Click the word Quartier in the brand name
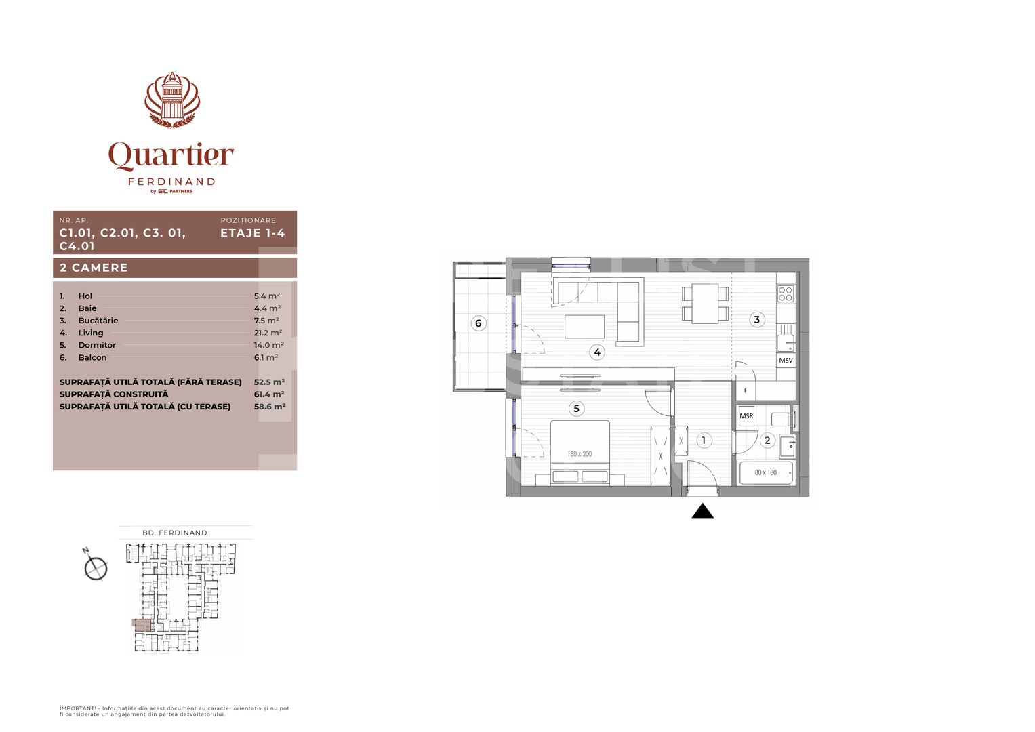click(x=171, y=156)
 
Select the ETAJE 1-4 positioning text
click(x=252, y=233)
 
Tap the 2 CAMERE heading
click(x=94, y=268)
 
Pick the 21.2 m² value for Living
click(x=268, y=333)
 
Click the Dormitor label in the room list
click(x=97, y=345)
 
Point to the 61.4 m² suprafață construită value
click(x=269, y=394)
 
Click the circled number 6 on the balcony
click(x=478, y=323)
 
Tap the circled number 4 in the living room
click(x=596, y=352)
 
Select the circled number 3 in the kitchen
click(x=756, y=319)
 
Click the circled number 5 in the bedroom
click(x=576, y=408)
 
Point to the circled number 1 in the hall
click(x=704, y=441)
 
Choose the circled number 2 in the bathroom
click(x=767, y=441)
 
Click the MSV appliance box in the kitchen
click(x=786, y=361)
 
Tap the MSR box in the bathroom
click(x=746, y=416)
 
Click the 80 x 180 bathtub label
click(x=766, y=472)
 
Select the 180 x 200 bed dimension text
click(x=580, y=454)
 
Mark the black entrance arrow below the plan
click(x=702, y=511)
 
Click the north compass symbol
click(x=96, y=567)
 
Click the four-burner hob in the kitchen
click(x=786, y=293)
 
